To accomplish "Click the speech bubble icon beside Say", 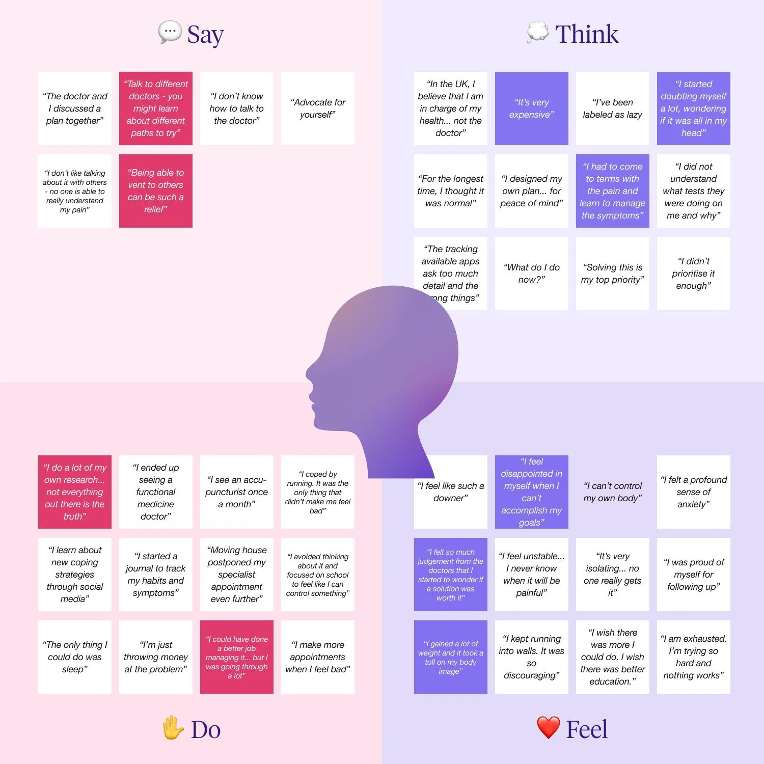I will [170, 32].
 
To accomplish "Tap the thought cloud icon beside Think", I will [537, 32].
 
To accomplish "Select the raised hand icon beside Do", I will [173, 728].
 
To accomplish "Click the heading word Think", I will [587, 34].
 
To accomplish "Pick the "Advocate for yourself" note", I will [317, 108].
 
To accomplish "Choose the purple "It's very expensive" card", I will [531, 108].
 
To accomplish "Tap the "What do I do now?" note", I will [531, 274].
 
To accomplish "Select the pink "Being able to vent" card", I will [155, 191].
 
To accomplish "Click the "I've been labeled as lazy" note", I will [612, 108].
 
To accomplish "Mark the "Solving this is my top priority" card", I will [612, 274].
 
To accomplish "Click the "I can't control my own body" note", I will [612, 492].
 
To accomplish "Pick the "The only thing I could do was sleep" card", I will [74, 657].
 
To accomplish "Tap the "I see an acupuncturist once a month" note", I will [236, 492].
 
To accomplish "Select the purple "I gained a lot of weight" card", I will [450, 657].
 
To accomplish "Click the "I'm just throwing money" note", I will [155, 657].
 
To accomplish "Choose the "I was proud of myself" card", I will [693, 575].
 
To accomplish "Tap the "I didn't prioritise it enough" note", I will [693, 274].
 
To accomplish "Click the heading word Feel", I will [587, 729].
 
